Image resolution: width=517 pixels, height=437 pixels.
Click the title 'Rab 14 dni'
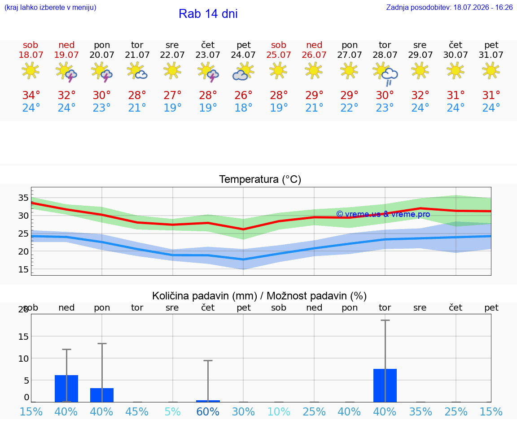(x=208, y=14)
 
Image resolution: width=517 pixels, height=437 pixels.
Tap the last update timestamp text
(x=449, y=7)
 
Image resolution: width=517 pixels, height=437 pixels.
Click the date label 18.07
(x=31, y=55)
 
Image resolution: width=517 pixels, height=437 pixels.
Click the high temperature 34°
(x=31, y=95)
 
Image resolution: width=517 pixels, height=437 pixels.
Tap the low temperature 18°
(x=243, y=108)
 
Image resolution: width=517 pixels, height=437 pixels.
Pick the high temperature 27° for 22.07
(x=172, y=95)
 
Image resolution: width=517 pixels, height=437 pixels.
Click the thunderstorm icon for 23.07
(x=208, y=72)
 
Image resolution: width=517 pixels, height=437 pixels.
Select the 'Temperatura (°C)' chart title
(x=260, y=179)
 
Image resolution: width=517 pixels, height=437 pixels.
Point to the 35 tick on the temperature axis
(x=23, y=198)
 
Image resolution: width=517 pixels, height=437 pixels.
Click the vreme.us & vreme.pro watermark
(x=383, y=214)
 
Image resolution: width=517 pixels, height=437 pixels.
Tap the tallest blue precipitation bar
(x=385, y=385)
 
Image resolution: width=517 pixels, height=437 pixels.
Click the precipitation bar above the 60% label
(x=208, y=401)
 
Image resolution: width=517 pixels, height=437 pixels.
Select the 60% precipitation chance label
(x=208, y=411)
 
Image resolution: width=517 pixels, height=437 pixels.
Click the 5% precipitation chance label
(x=172, y=411)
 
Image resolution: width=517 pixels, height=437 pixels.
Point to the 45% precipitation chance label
(x=137, y=411)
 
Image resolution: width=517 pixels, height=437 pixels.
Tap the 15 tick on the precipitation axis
(x=23, y=337)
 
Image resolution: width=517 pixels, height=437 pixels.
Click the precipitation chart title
(x=259, y=296)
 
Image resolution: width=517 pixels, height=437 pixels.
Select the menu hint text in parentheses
(x=50, y=7)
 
